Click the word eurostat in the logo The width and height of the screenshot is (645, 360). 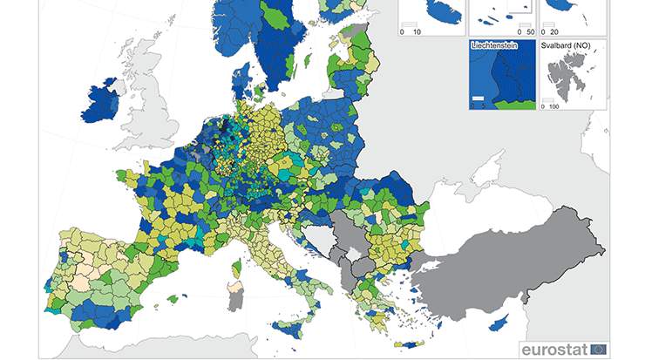(556, 349)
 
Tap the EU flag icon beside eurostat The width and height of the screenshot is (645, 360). (600, 349)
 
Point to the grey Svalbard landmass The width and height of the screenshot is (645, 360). (570, 74)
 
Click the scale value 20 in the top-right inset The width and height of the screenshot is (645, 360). (555, 31)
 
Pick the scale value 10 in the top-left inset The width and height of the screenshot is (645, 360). (417, 31)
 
